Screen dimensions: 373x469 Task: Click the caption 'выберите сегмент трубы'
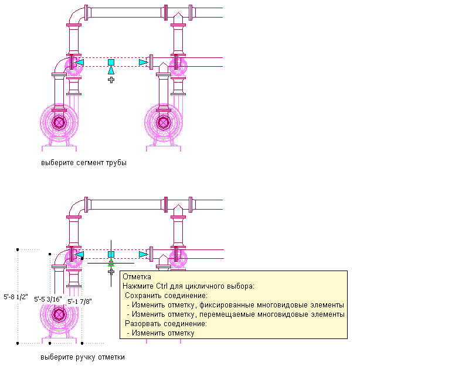(83, 163)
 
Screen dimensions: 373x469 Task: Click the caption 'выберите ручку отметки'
(83, 357)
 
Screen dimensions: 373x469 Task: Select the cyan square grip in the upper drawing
(111, 62)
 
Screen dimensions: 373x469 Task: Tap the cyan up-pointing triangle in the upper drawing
(111, 70)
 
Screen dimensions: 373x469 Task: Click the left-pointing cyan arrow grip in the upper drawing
(80, 62)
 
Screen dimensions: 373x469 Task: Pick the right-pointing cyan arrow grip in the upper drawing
(142, 62)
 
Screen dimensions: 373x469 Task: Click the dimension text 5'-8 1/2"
(15, 296)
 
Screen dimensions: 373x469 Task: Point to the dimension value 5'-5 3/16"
(49, 299)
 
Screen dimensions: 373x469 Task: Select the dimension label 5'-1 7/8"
(79, 301)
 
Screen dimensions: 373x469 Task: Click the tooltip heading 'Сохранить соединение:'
(162, 296)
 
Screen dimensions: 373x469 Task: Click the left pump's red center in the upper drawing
(59, 122)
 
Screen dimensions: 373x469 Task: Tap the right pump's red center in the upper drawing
(164, 122)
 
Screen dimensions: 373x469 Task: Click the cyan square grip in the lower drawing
(111, 254)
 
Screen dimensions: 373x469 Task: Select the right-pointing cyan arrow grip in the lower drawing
(142, 254)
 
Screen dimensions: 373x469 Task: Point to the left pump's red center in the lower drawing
(59, 314)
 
